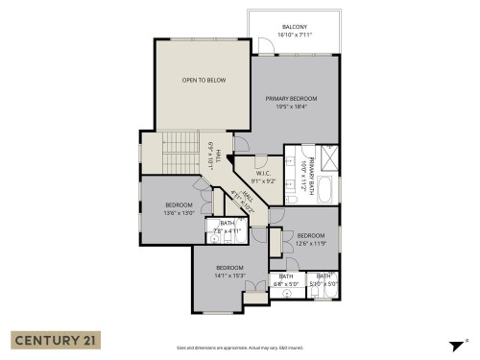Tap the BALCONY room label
[295, 26]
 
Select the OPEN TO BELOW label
[204, 80]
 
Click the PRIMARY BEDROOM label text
[291, 99]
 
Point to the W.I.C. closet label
[264, 174]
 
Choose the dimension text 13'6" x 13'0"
[179, 213]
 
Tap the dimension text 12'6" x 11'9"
[311, 244]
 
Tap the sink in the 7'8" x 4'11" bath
[216, 242]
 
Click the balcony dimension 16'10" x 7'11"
[295, 35]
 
